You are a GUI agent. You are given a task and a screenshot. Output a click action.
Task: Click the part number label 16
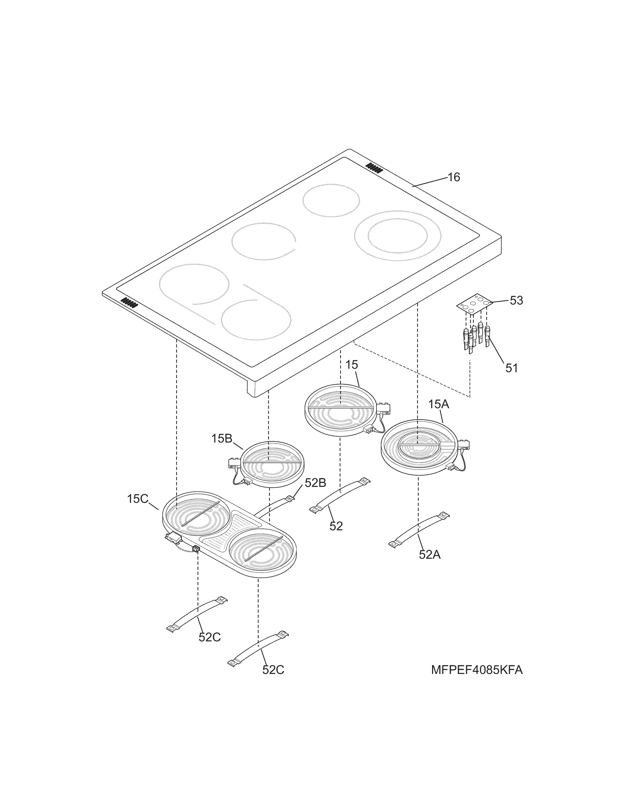(x=454, y=177)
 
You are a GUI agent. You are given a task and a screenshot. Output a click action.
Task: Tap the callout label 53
(x=516, y=300)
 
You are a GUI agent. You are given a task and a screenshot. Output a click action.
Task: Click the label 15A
(x=439, y=404)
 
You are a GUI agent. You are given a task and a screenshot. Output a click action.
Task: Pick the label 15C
(x=138, y=499)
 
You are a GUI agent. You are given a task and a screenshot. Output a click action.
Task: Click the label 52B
(x=315, y=483)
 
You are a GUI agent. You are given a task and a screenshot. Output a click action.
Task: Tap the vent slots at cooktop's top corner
(x=374, y=169)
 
